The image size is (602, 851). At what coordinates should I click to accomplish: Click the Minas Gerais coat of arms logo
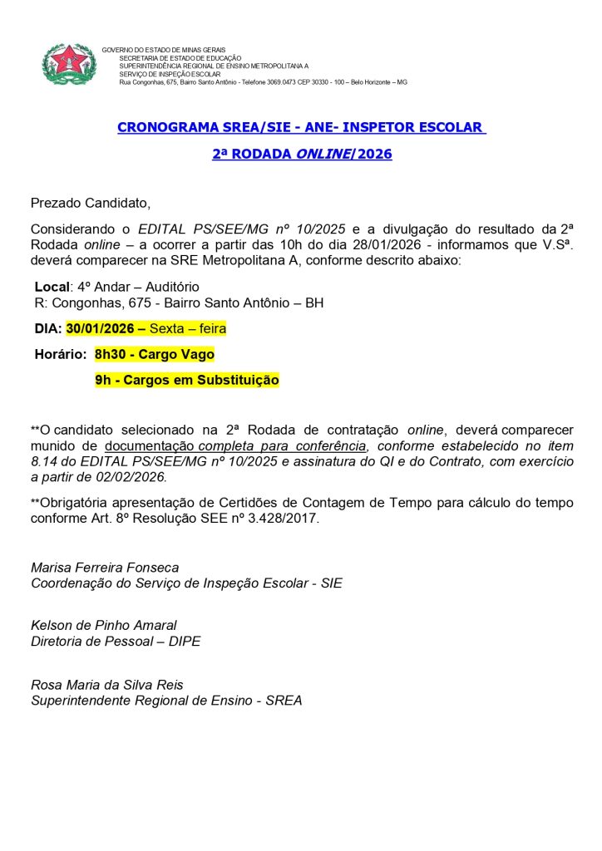69,64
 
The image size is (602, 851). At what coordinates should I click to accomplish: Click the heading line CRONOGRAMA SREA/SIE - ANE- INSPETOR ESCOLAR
301,127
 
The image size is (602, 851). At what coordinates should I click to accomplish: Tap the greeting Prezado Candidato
91,202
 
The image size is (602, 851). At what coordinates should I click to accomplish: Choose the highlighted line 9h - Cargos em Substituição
187,380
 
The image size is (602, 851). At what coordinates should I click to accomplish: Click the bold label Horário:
60,354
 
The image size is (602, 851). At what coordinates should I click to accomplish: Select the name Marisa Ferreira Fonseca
105,568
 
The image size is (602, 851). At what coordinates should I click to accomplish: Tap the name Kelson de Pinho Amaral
104,625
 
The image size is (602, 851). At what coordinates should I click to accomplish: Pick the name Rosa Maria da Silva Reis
107,685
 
